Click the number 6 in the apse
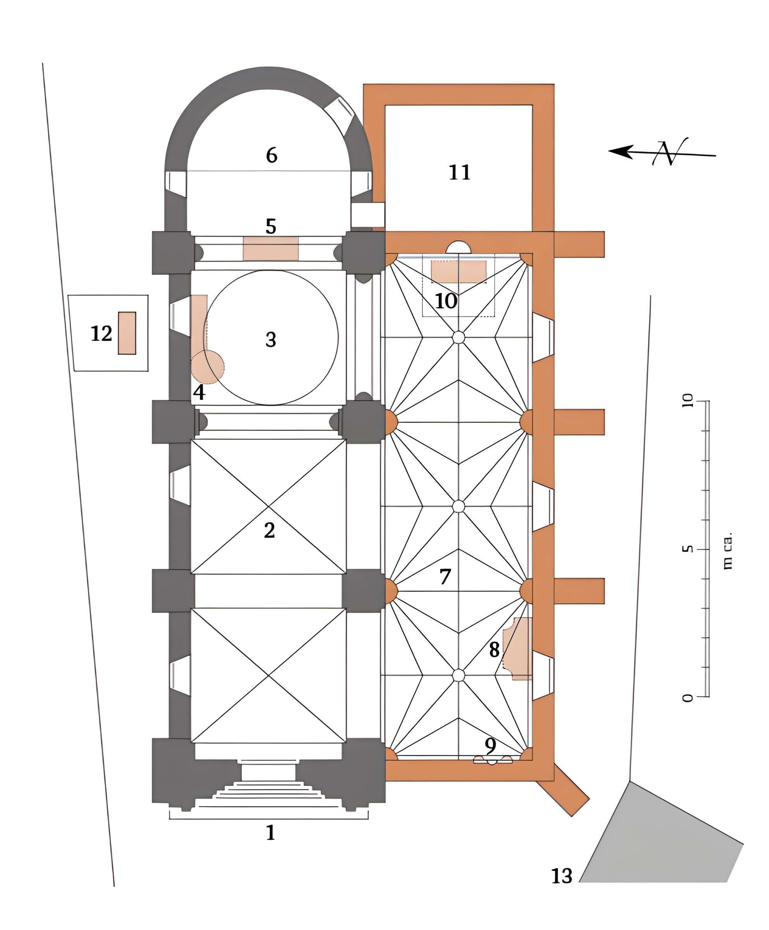pyautogui.click(x=272, y=155)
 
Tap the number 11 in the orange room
pyautogui.click(x=459, y=172)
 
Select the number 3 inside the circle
pyautogui.click(x=271, y=340)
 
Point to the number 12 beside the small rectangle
pyautogui.click(x=101, y=334)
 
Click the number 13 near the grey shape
pyautogui.click(x=562, y=876)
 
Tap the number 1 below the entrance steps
pyautogui.click(x=270, y=833)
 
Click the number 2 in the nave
pyautogui.click(x=269, y=530)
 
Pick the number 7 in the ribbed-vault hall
pyautogui.click(x=445, y=577)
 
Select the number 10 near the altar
pyautogui.click(x=446, y=301)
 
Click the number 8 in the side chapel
pyautogui.click(x=494, y=650)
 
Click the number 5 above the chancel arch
pyautogui.click(x=271, y=226)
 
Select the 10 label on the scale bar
pyautogui.click(x=687, y=400)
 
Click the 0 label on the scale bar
pyautogui.click(x=687, y=698)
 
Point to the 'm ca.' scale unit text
pyautogui.click(x=728, y=551)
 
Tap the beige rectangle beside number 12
pyautogui.click(x=127, y=333)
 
